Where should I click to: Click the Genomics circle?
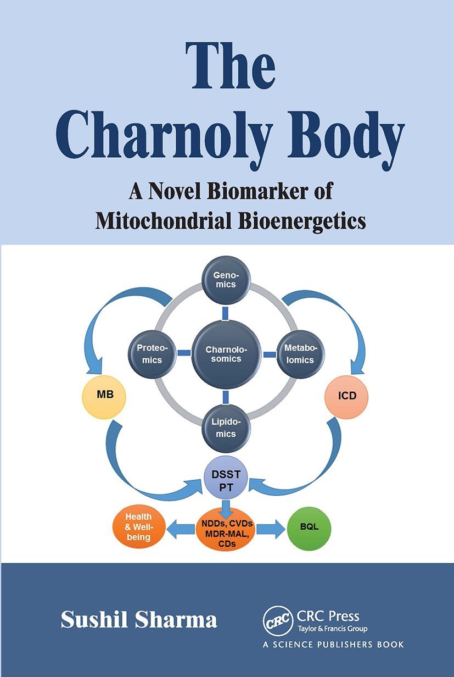226,280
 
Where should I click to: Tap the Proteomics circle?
149,354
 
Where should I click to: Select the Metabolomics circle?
300,354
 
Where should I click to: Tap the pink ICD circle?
346,395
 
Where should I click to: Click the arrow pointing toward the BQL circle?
270,528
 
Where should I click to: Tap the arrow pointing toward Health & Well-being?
180,528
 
